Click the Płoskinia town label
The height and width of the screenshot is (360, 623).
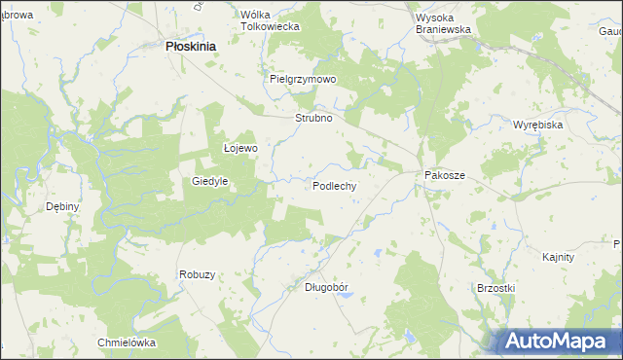(191, 46)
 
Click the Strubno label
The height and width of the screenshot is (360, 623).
(314, 118)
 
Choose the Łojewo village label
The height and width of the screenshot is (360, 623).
(240, 149)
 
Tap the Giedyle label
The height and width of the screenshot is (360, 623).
(210, 181)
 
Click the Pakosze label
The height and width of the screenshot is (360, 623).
(445, 175)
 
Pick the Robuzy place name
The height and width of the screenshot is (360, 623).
(197, 274)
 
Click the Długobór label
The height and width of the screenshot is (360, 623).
(327, 287)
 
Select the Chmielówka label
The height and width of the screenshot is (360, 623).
(127, 342)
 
